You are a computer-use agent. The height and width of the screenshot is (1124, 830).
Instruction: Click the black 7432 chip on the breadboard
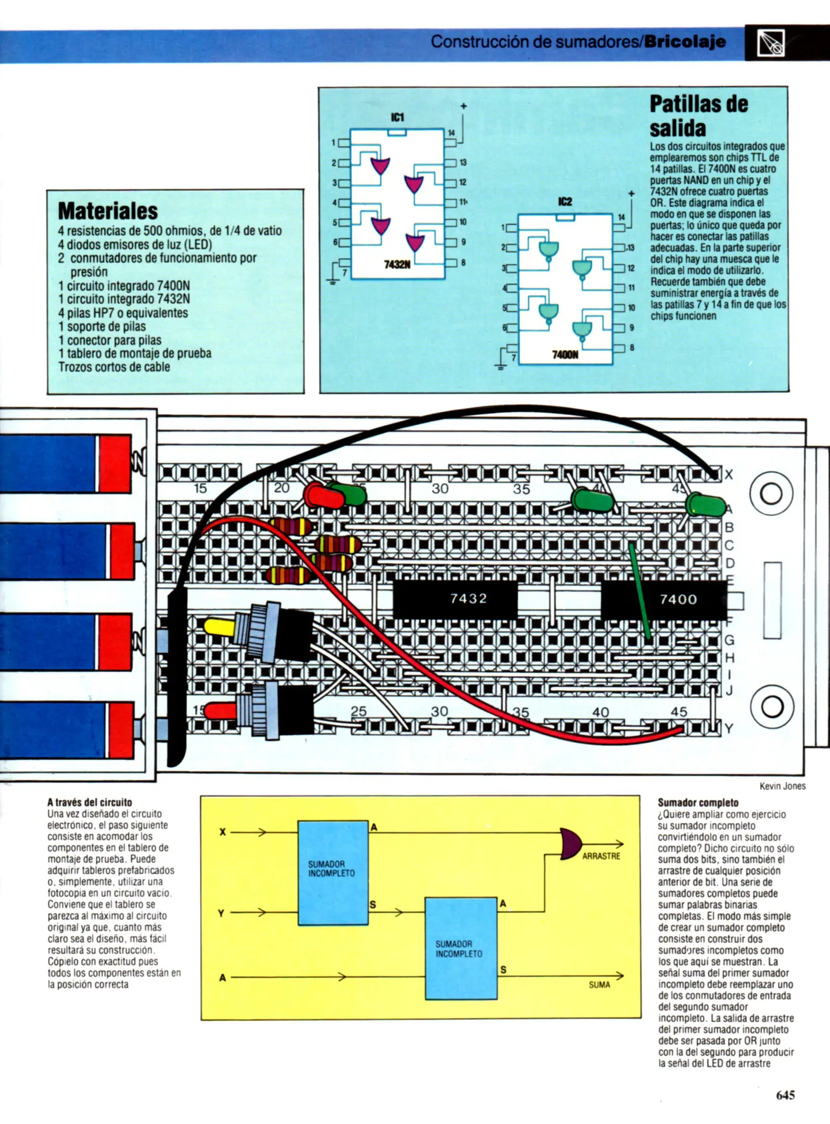[455, 598]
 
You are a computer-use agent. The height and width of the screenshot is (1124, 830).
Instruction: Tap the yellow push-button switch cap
[219, 626]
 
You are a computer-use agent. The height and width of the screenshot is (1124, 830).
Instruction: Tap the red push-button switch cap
[219, 710]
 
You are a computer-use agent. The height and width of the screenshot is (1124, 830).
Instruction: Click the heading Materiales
[108, 211]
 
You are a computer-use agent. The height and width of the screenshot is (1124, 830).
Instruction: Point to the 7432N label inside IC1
[397, 265]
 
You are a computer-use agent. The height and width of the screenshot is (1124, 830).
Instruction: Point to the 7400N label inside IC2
[565, 355]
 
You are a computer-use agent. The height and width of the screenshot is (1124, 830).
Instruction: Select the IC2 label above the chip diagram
[565, 201]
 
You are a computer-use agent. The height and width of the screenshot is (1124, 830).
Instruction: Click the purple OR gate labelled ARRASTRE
[571, 844]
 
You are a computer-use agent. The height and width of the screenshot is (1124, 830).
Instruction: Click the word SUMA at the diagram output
[599, 985]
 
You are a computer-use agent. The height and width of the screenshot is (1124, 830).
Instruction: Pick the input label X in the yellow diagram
[222, 832]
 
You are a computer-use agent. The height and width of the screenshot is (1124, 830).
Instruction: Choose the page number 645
[785, 1095]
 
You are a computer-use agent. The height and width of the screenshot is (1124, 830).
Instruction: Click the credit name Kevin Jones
[782, 786]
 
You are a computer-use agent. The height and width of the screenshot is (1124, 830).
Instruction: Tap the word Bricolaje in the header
[684, 42]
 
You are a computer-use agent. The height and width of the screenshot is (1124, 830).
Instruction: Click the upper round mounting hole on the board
[771, 493]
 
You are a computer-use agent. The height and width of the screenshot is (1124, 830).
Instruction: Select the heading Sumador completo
[698, 802]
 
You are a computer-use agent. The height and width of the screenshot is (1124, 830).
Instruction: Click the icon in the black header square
[771, 43]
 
